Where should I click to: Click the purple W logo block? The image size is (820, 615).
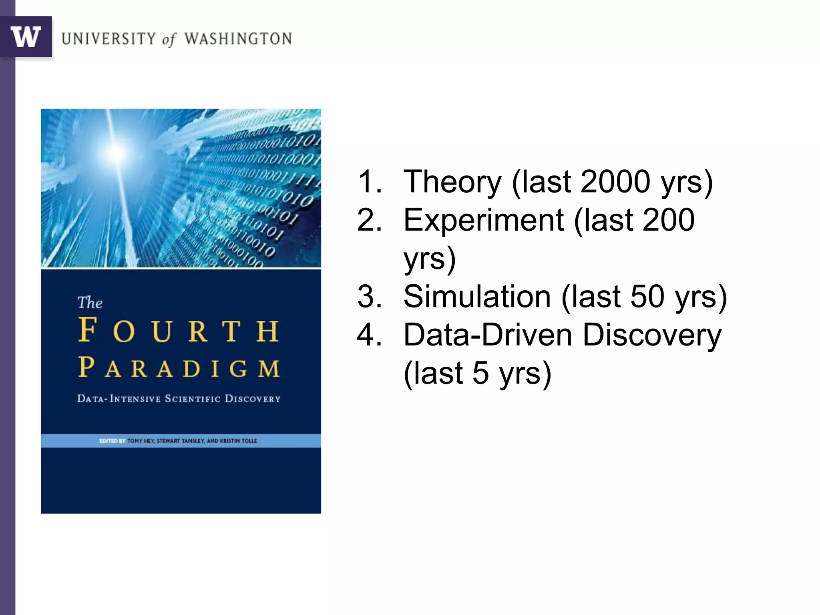click(26, 37)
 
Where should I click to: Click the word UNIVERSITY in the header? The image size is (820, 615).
click(109, 39)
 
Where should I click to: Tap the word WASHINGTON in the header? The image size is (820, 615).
click(238, 39)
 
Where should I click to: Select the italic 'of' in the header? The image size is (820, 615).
click(169, 39)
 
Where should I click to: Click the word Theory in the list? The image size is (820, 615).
click(452, 182)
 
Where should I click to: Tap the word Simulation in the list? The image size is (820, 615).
click(477, 297)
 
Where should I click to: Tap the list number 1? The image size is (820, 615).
click(368, 182)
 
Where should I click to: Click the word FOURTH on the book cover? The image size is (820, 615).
click(179, 330)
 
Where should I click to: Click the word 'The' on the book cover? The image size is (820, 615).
click(90, 303)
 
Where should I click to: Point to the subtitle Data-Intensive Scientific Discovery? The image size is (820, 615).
click(179, 399)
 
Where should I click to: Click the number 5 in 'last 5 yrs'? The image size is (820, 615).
click(480, 373)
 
